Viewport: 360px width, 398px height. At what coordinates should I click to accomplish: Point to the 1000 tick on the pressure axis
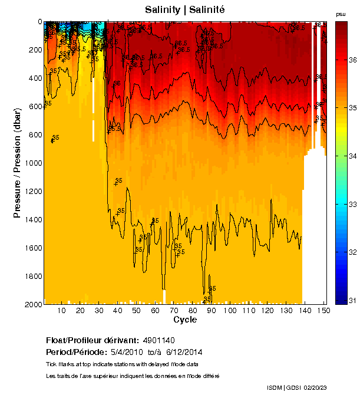pos(34,163)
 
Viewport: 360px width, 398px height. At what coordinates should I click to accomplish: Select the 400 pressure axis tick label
pos(34,78)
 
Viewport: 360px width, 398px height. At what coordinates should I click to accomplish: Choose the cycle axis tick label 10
pos(61,311)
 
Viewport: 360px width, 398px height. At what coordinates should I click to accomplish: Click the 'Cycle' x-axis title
pos(185,320)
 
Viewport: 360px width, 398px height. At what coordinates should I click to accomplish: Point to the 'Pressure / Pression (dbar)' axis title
pos(18,163)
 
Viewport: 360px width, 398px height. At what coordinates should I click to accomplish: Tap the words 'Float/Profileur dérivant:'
pos(92,341)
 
